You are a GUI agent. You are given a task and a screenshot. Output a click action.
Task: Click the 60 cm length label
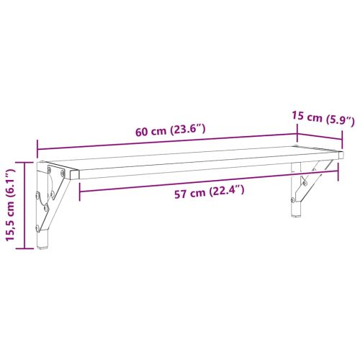coord(152,132)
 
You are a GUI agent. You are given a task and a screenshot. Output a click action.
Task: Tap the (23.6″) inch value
coord(189,130)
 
